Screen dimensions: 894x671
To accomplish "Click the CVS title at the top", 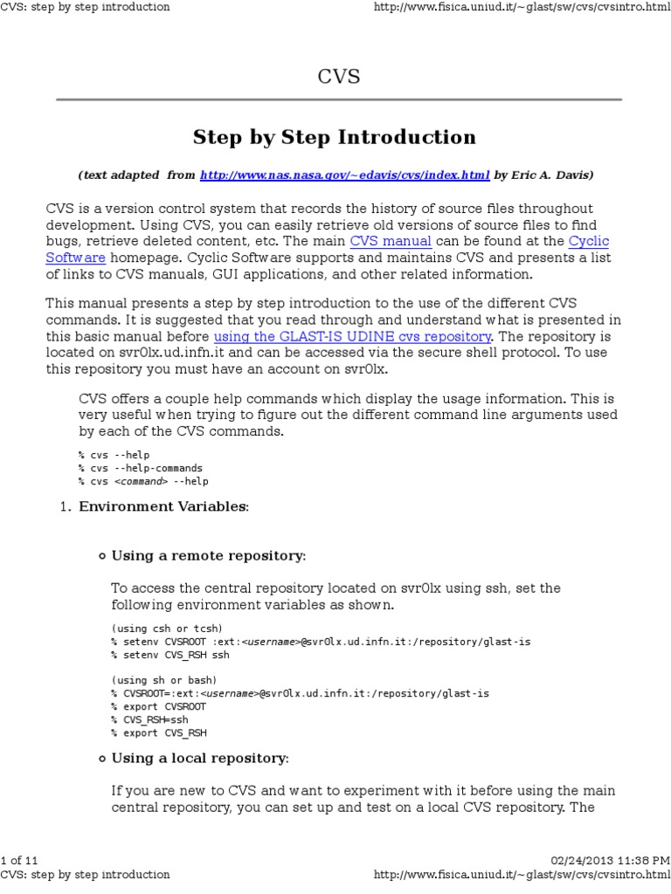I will click(338, 78).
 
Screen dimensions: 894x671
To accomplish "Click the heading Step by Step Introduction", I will click(335, 137).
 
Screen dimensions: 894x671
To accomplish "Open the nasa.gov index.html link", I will click(344, 175).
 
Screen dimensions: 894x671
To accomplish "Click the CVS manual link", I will click(391, 241).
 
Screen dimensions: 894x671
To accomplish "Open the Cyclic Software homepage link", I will click(75, 258).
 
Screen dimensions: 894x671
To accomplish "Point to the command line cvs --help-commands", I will click(140, 468).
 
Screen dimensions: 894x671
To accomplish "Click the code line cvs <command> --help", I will click(143, 481).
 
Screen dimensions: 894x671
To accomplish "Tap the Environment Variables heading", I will click(163, 506).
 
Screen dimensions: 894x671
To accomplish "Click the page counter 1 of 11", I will click(19, 861).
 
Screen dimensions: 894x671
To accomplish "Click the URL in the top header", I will click(522, 7).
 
